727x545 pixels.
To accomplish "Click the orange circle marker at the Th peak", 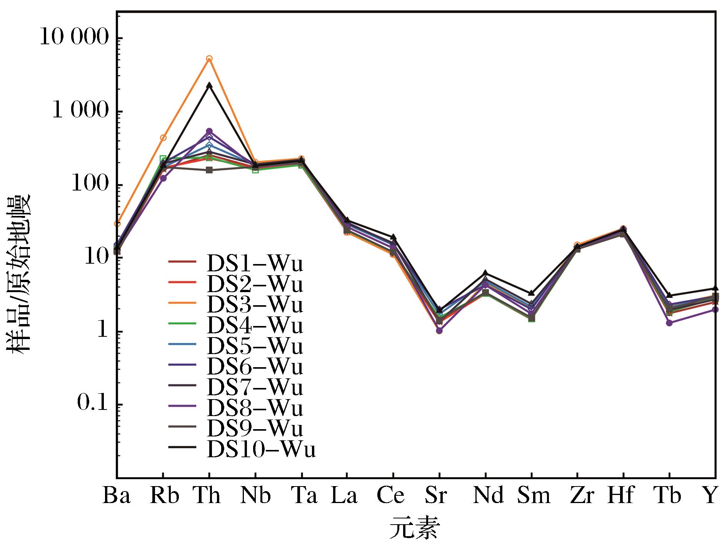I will [x=209, y=59].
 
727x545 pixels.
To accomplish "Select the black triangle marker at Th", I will [x=209, y=85].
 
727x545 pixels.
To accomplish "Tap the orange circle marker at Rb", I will [x=163, y=138].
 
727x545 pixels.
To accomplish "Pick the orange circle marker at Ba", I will [x=117, y=224].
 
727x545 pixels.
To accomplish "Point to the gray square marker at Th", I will [x=209, y=170].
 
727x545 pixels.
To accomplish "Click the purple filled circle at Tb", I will [x=669, y=323].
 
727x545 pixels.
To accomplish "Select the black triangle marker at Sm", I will [x=531, y=293].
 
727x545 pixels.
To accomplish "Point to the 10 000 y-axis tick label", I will [x=75, y=38].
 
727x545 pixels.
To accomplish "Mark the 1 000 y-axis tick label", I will [x=80, y=112].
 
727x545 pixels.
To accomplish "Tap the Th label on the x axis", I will [x=208, y=496].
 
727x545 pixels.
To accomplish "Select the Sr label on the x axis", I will [x=438, y=496].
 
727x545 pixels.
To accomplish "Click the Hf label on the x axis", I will [x=620, y=496].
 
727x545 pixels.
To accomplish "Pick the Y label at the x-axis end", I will [x=711, y=496].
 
